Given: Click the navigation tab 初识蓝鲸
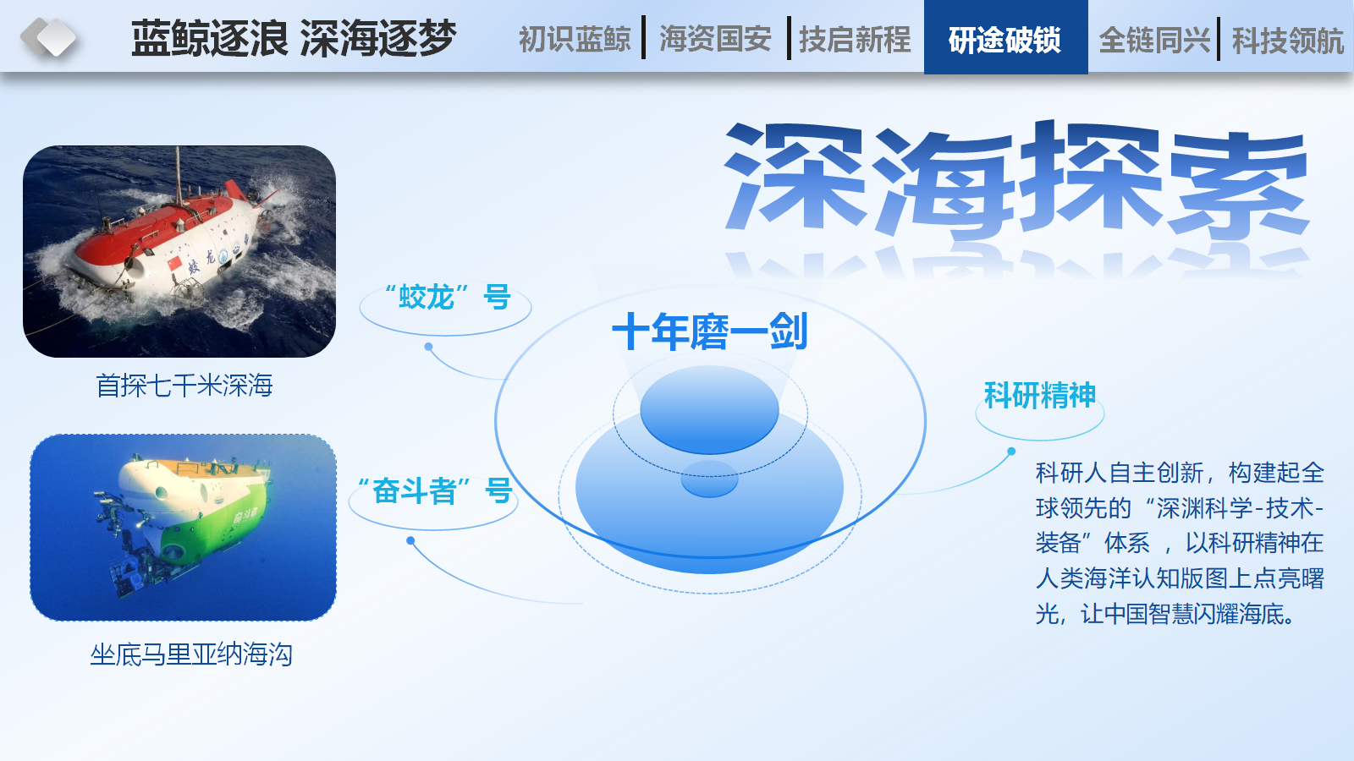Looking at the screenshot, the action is click(575, 39).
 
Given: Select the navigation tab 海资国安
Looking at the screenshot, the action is click(715, 39).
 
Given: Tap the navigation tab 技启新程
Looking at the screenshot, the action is click(855, 39).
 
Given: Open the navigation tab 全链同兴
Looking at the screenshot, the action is click(1154, 41).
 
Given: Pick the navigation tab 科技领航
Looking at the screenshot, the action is click(1287, 41).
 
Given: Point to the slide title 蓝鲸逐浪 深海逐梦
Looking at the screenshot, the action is click(294, 38).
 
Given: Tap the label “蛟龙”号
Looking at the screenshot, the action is click(448, 297).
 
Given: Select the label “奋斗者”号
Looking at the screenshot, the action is click(435, 490).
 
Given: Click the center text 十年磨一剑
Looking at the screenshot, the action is click(710, 331).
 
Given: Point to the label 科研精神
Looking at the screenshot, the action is click(1040, 395).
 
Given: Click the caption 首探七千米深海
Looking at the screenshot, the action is click(184, 386).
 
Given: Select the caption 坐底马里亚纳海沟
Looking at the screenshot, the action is click(191, 654).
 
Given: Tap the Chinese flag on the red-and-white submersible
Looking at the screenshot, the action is click(174, 263).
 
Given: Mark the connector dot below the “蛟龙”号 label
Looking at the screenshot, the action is click(428, 347).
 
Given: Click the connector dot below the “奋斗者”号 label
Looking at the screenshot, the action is click(410, 540).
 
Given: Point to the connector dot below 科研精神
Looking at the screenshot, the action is click(1011, 452).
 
